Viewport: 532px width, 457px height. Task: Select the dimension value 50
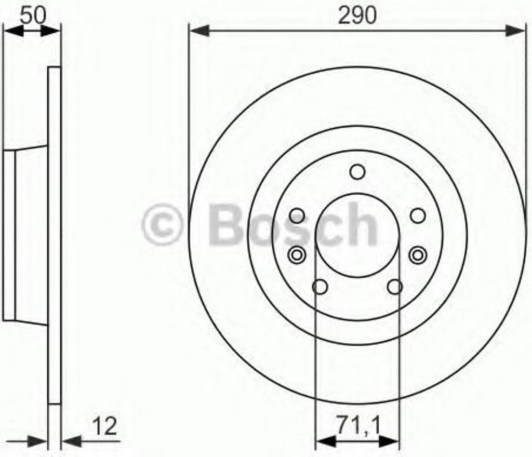[32, 15]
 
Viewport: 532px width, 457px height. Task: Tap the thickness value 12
[105, 427]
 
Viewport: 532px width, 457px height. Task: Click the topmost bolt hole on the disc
[357, 172]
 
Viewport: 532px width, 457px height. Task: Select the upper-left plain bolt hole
[297, 216]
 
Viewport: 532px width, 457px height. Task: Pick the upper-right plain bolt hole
[418, 216]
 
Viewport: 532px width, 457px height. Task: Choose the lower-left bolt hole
[320, 286]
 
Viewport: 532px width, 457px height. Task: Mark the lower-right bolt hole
[395, 286]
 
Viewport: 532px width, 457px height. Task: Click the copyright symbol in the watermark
[162, 224]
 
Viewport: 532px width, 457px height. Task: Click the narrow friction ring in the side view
[55, 234]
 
